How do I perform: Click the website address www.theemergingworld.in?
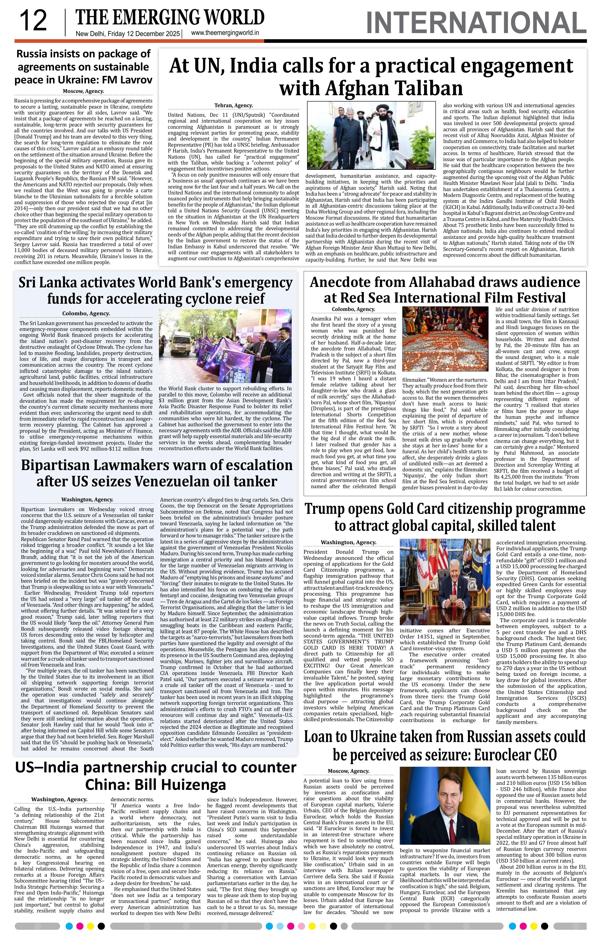coord(225,33)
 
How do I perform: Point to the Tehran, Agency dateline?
coord(233,105)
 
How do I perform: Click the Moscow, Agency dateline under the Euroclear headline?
coord(348,771)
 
